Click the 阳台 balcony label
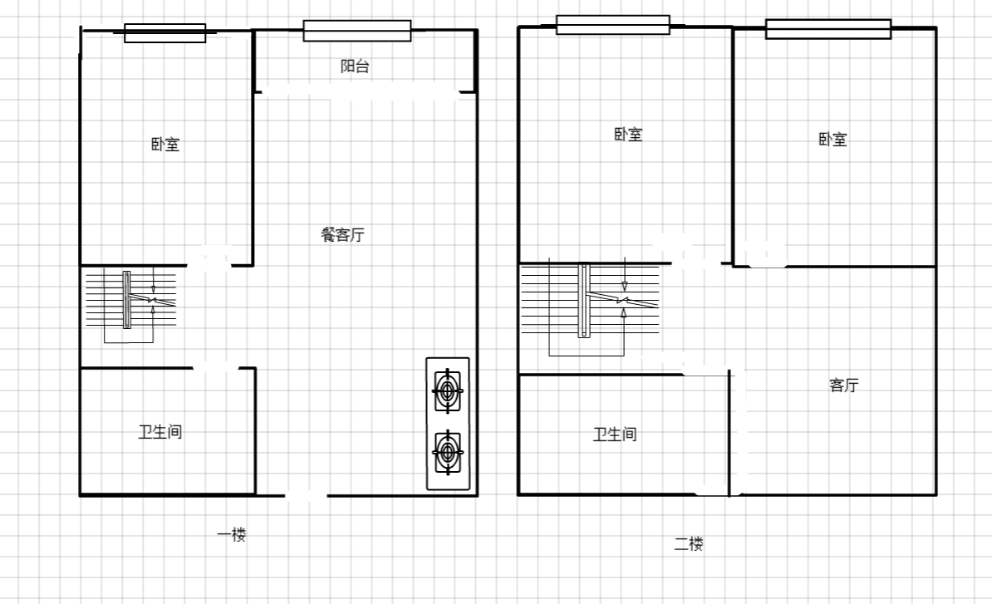354,66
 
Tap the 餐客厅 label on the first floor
342,234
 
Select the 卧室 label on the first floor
165,145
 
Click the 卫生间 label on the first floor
160,432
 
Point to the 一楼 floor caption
232,535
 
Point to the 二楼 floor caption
688,544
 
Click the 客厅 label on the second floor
844,385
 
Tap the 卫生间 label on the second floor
614,435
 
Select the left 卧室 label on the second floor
628,134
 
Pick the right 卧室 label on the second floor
832,139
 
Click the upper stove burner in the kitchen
448,390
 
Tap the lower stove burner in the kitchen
448,452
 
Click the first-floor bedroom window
165,33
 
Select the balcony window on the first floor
356,31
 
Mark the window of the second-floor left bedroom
613,25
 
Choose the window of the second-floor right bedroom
828,28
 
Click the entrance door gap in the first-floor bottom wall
306,495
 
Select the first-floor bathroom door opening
216,367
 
